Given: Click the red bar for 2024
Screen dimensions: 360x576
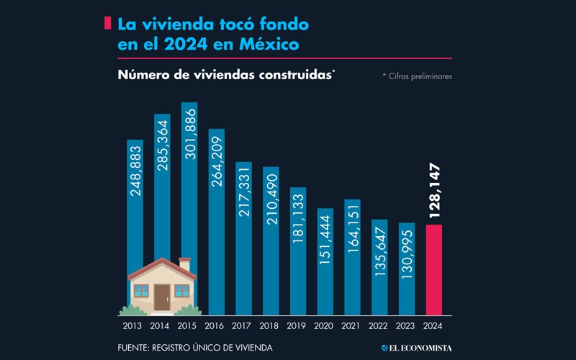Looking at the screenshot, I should pos(434,270).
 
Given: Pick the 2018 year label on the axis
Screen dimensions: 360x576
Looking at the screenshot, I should pos(271,326).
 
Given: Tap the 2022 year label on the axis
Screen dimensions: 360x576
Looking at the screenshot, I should pos(379,326).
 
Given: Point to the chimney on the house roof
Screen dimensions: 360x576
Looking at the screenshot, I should pos(185,264).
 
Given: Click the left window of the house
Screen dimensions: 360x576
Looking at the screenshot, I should pos(141,291).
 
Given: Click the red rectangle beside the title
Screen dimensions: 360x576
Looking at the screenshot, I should pos(107,24).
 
